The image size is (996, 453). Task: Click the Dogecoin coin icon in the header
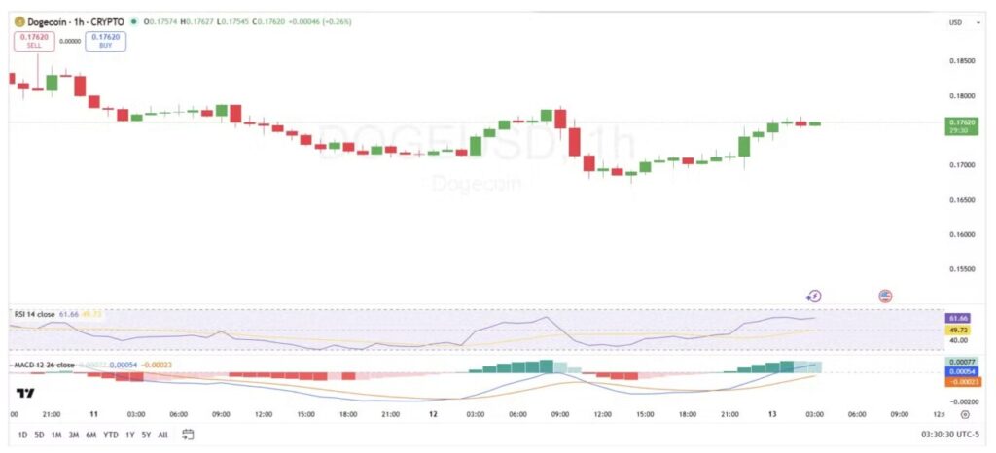[x=18, y=20]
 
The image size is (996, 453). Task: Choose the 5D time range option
[x=39, y=434]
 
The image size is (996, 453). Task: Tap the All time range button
[x=162, y=434]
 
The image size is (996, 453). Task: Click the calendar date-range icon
[x=188, y=434]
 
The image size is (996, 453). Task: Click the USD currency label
[x=955, y=21]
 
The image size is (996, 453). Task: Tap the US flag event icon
[x=885, y=296]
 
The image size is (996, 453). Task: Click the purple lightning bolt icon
[x=815, y=296]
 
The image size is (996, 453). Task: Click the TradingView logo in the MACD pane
[x=25, y=393]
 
